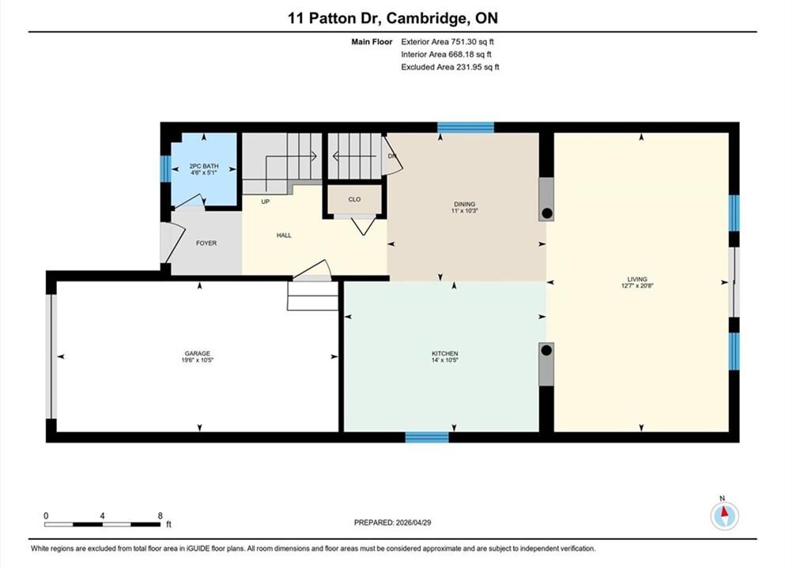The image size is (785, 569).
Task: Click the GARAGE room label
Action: (x=198, y=353)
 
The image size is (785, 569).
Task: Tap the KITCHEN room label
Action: (x=445, y=353)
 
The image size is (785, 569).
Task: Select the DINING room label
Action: (x=465, y=204)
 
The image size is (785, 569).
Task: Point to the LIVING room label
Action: (x=637, y=279)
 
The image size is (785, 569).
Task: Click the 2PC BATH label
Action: (x=204, y=166)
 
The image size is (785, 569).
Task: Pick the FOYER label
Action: (x=206, y=243)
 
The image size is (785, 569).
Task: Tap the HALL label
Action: (x=284, y=236)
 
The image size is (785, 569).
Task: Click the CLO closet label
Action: (x=354, y=199)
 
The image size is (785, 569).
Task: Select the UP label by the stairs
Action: (x=266, y=202)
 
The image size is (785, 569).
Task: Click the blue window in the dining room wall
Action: (x=466, y=127)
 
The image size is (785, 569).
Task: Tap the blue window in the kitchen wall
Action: (x=427, y=437)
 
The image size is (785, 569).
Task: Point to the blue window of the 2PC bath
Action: (x=165, y=168)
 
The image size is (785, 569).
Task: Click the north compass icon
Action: (x=724, y=515)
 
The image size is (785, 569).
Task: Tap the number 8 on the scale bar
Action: (x=160, y=516)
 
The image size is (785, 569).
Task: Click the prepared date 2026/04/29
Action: (x=413, y=522)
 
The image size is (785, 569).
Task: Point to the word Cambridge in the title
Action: (x=425, y=18)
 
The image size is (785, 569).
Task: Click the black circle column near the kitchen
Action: (x=547, y=350)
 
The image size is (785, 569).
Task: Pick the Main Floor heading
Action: (x=372, y=42)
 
